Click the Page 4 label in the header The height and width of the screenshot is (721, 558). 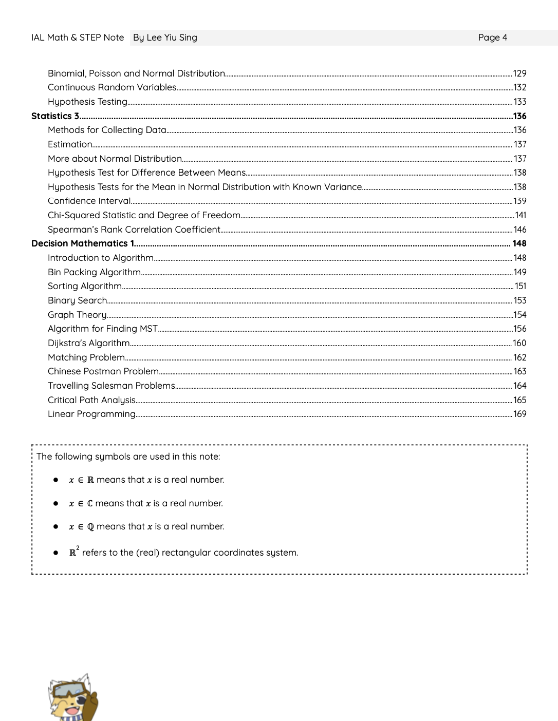[x=492, y=37]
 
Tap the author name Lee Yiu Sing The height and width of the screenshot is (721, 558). [x=172, y=37]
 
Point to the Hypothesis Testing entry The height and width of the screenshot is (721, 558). [x=87, y=102]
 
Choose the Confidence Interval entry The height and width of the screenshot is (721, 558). [x=89, y=201]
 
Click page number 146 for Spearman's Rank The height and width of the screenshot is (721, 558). [x=520, y=230]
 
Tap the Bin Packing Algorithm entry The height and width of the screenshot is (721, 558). [x=94, y=272]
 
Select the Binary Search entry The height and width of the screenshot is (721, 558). [x=78, y=300]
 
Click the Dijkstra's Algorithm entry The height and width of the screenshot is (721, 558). [x=89, y=343]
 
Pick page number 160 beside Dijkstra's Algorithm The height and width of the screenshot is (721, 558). [x=519, y=343]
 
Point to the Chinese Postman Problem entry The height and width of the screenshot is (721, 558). [x=103, y=371]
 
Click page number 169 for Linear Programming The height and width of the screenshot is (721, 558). [x=520, y=414]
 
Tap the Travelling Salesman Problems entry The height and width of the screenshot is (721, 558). [x=111, y=386]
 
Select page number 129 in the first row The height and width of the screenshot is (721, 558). [x=520, y=73]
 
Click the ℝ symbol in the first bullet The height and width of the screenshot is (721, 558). [x=90, y=480]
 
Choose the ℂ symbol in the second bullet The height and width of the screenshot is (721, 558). [x=90, y=504]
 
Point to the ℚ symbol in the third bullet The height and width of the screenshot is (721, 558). [x=90, y=527]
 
